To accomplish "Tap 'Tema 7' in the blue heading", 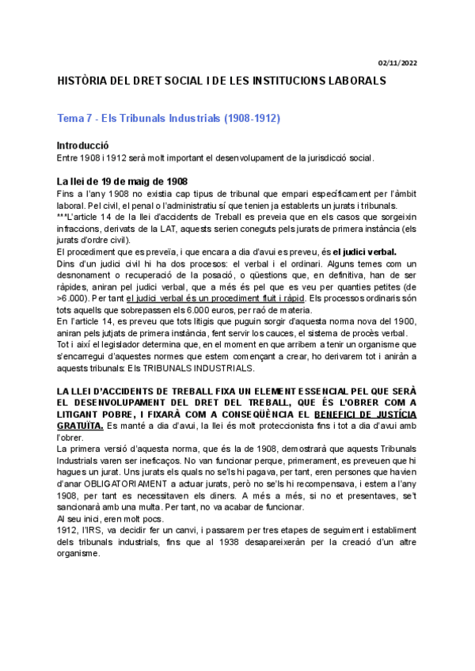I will [76, 119].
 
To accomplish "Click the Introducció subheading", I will [83, 146].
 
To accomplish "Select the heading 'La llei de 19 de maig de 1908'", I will [122, 180].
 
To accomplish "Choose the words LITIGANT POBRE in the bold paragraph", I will [93, 414].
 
